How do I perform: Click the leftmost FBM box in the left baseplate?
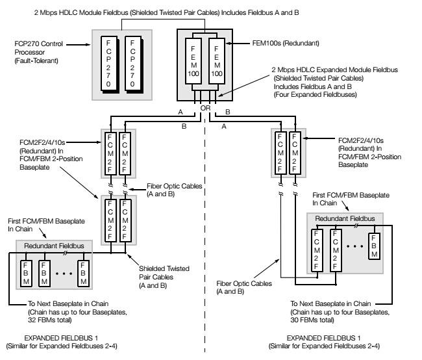26,274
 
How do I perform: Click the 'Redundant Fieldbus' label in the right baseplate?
340,220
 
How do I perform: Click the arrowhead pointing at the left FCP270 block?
94,46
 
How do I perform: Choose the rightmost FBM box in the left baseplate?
82,274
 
